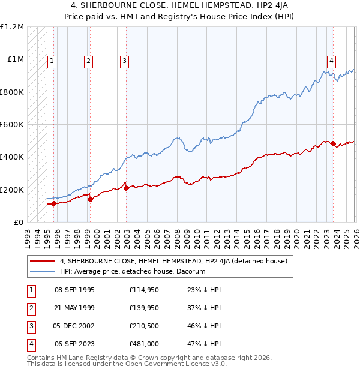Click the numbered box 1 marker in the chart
click(x=52, y=60)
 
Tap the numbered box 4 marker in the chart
click(x=331, y=60)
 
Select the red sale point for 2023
click(x=333, y=143)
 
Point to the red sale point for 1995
click(x=53, y=203)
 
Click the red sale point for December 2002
click(x=126, y=188)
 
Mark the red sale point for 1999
click(x=90, y=199)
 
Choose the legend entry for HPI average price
click(x=132, y=271)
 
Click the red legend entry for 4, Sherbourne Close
click(x=174, y=261)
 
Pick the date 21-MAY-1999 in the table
click(x=74, y=308)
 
